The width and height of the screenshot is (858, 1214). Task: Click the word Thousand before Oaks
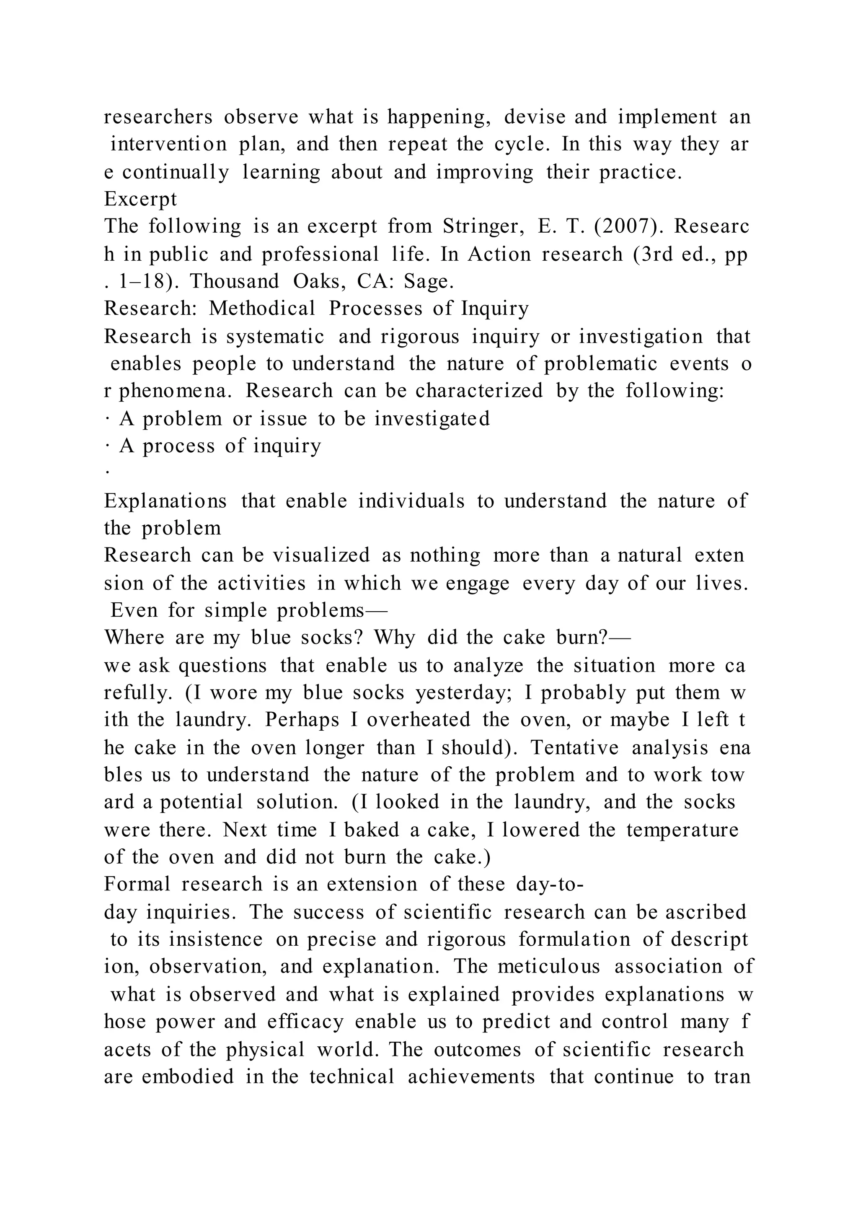tap(234, 281)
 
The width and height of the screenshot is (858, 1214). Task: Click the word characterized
tap(479, 391)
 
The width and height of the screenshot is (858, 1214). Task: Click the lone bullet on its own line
tap(107, 472)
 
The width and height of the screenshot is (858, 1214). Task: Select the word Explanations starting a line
tap(165, 501)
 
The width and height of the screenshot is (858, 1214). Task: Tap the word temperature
tap(682, 830)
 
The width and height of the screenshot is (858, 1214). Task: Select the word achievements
tap(471, 1076)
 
